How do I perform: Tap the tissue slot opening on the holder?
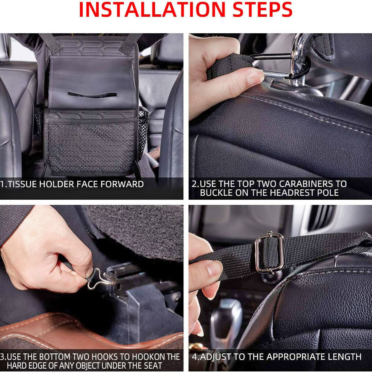[x=92, y=95]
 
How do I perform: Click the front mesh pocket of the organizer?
[x=91, y=146]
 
